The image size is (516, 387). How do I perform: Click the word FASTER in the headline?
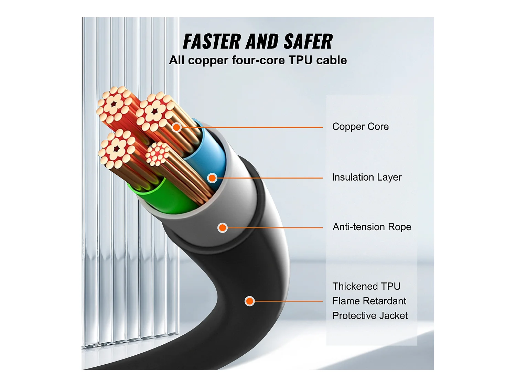tap(212, 42)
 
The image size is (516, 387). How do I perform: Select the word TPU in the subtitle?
tap(300, 60)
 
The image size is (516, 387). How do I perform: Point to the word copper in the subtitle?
tap(208, 61)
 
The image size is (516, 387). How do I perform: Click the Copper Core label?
tap(360, 127)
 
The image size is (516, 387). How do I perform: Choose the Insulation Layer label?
tap(366, 177)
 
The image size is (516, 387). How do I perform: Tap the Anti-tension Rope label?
tap(372, 227)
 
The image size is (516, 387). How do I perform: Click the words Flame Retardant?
tap(369, 301)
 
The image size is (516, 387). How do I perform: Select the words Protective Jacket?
tap(370, 316)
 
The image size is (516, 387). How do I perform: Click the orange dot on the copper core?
tap(176, 127)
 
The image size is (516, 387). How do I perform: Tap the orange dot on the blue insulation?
tap(212, 178)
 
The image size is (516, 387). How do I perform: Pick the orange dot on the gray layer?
tap(223, 227)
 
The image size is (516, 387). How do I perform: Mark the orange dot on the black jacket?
tap(249, 301)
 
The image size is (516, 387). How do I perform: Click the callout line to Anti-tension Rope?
tap(275, 227)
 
